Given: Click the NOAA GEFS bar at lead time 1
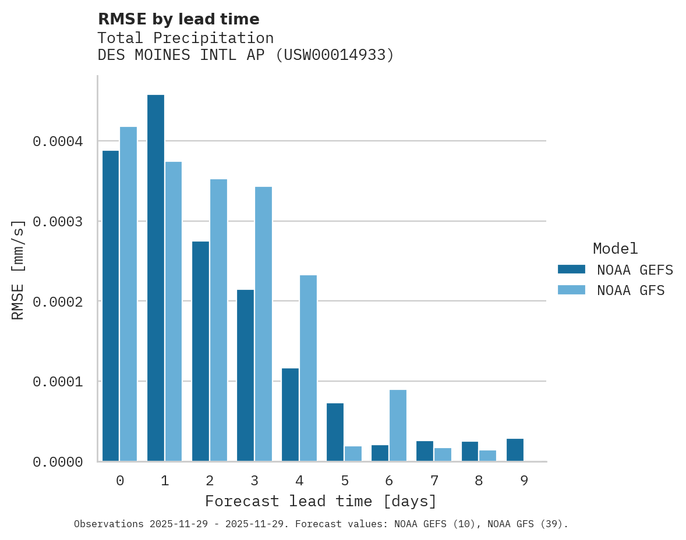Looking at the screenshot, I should point(155,278).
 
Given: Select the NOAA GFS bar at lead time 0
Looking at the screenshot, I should point(128,294).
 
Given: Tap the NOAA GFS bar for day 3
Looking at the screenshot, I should point(263,324).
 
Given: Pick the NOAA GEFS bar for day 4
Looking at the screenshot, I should point(290,415).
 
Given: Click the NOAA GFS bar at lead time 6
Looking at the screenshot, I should point(398,425).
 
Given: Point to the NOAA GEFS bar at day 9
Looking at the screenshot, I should point(515,450).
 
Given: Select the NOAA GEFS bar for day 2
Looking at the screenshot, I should point(200,351).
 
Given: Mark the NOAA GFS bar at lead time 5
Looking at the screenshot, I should point(353,454).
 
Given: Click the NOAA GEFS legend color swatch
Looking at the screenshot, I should point(571,269).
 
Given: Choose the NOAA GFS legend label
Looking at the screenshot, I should point(631,290).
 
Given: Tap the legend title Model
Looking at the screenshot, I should point(615,249).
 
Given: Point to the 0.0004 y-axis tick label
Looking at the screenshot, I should point(58,141).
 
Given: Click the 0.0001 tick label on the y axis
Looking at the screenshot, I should point(58,382).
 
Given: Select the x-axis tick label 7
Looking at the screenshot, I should point(434,481).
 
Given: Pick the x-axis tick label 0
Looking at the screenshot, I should point(120,481).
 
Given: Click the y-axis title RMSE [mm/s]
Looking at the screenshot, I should point(18,269).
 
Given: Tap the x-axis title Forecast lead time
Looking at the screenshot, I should point(320,502).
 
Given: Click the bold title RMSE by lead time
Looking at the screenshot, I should point(178,19).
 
